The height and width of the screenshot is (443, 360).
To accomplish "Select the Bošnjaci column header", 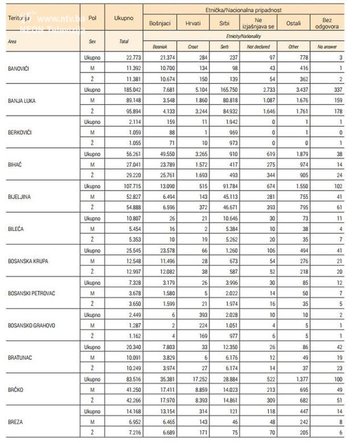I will [x=159, y=23].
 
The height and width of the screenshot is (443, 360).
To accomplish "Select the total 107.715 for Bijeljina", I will [x=125, y=186].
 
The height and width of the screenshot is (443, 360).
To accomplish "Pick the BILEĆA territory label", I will [x=16, y=229].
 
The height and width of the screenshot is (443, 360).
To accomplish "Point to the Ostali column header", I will [x=294, y=23].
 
